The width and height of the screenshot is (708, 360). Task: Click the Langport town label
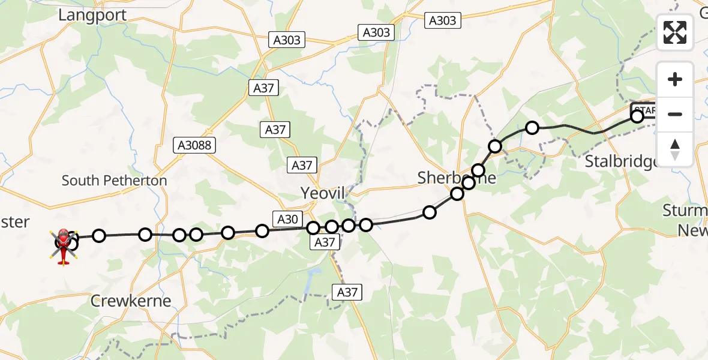point(92,15)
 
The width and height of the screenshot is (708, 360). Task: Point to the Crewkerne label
point(131,301)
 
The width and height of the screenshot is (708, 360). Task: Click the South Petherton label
point(114,180)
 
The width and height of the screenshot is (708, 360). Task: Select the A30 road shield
point(288,219)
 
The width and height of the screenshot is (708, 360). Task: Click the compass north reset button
point(675,149)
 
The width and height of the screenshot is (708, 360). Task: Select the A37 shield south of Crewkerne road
point(347,292)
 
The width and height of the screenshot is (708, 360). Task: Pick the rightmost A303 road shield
point(442,20)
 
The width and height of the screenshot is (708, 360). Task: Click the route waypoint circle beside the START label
point(637,116)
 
